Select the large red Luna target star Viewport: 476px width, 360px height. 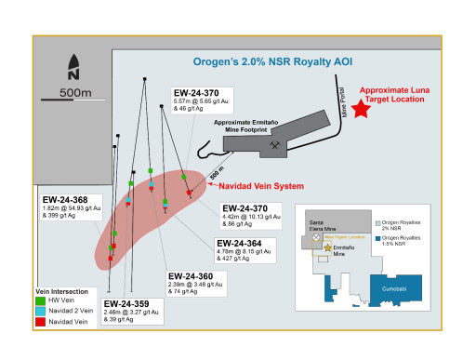click(359, 109)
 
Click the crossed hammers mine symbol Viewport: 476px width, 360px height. click(275, 145)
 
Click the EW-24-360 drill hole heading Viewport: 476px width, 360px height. click(189, 275)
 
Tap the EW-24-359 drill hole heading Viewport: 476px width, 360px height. click(125, 303)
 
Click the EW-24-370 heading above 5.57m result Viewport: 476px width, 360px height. click(196, 93)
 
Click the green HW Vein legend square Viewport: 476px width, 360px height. click(40, 301)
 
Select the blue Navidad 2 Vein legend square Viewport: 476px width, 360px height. click(40, 311)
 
